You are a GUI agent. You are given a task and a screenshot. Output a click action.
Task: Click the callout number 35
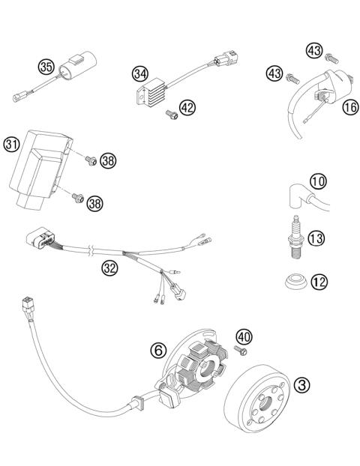point(46,67)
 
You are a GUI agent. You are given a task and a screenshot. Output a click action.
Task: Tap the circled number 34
point(139,73)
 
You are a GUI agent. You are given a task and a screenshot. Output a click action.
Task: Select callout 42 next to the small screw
point(187,108)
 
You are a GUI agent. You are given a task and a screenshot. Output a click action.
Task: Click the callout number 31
point(11,144)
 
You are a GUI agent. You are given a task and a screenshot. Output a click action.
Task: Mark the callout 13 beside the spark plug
point(317,238)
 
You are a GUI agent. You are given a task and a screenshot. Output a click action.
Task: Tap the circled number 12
point(319,282)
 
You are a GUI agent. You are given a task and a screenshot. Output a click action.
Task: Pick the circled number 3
point(302,385)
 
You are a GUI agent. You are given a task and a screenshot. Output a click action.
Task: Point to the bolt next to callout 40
point(242,351)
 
